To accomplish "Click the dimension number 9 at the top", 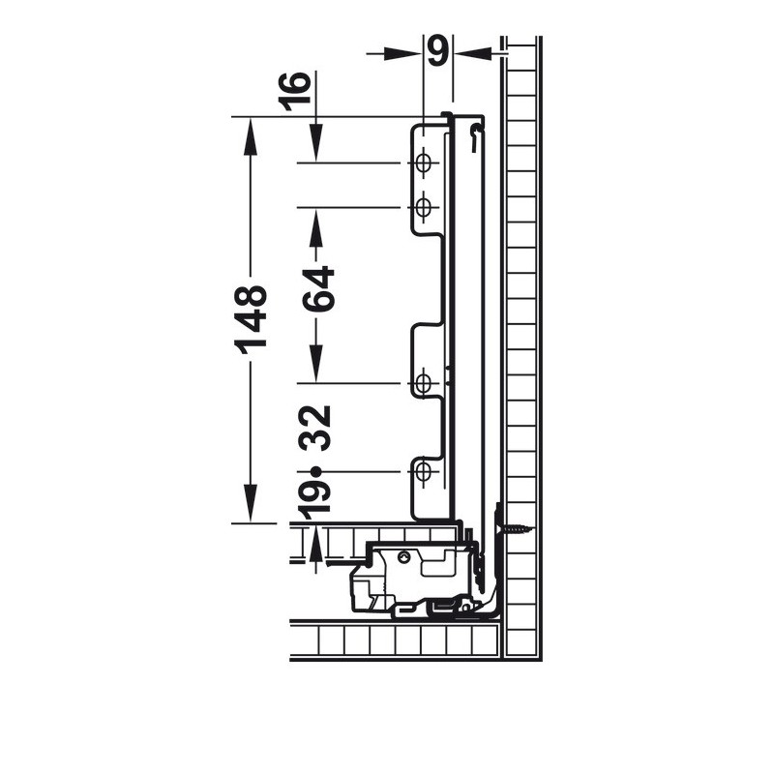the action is coord(438,50).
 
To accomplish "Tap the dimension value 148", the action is coord(251,319).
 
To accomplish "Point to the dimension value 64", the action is coord(318,288).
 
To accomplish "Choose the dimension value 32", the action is coord(316,428).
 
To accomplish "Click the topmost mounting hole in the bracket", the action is coord(423,163).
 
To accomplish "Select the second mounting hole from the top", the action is coord(423,207).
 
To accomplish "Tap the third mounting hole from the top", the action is coord(423,383).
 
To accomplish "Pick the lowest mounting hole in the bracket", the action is coord(423,472).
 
